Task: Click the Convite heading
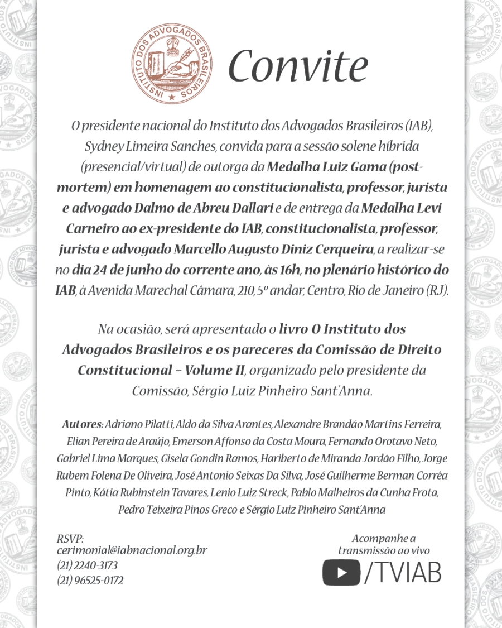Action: [x=298, y=66]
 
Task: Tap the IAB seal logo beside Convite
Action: [x=172, y=66]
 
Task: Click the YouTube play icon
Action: [x=341, y=573]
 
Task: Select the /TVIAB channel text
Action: [x=403, y=573]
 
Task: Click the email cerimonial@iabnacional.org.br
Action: [x=132, y=550]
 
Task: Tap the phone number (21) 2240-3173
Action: [x=87, y=565]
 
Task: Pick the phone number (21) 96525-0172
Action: [x=90, y=581]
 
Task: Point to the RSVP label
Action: [x=70, y=539]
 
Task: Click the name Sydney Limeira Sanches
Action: [x=151, y=146]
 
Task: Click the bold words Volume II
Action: [x=215, y=370]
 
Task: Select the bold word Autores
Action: [x=82, y=424]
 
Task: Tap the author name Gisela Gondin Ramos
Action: [x=209, y=459]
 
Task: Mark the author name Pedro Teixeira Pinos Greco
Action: [x=177, y=510]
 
